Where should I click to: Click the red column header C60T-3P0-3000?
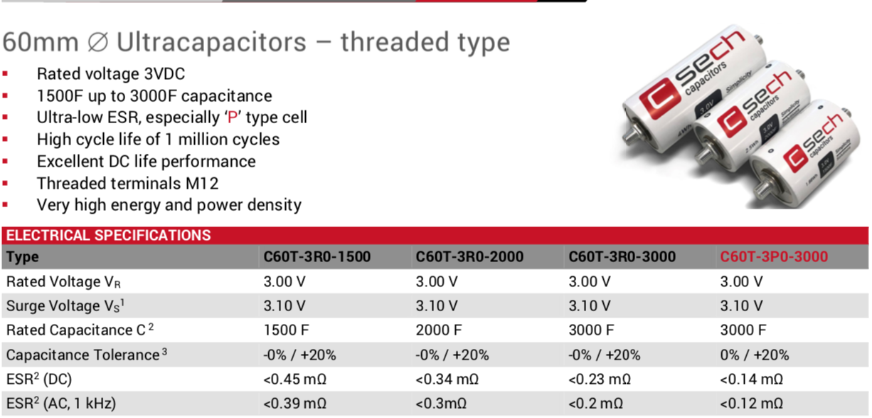(x=774, y=256)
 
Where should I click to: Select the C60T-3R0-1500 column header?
(x=317, y=256)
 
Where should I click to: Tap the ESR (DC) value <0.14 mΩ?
(x=751, y=379)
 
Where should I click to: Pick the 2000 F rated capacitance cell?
(x=439, y=330)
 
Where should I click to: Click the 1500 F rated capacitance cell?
(x=286, y=330)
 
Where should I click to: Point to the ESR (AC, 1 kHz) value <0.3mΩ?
(x=441, y=403)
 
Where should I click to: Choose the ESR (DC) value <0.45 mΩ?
(x=294, y=379)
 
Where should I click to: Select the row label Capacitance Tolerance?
(x=87, y=355)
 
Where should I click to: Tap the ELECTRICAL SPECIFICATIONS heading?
(x=109, y=235)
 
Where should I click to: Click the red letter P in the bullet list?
(x=233, y=117)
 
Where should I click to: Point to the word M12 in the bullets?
(x=202, y=183)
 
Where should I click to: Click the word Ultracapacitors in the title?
(x=211, y=42)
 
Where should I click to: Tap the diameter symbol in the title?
(x=97, y=42)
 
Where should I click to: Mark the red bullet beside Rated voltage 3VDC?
(x=5, y=73)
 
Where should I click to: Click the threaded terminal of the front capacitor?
(x=762, y=191)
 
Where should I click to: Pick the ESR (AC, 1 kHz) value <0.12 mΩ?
(x=751, y=403)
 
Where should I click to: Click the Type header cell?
(x=23, y=257)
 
